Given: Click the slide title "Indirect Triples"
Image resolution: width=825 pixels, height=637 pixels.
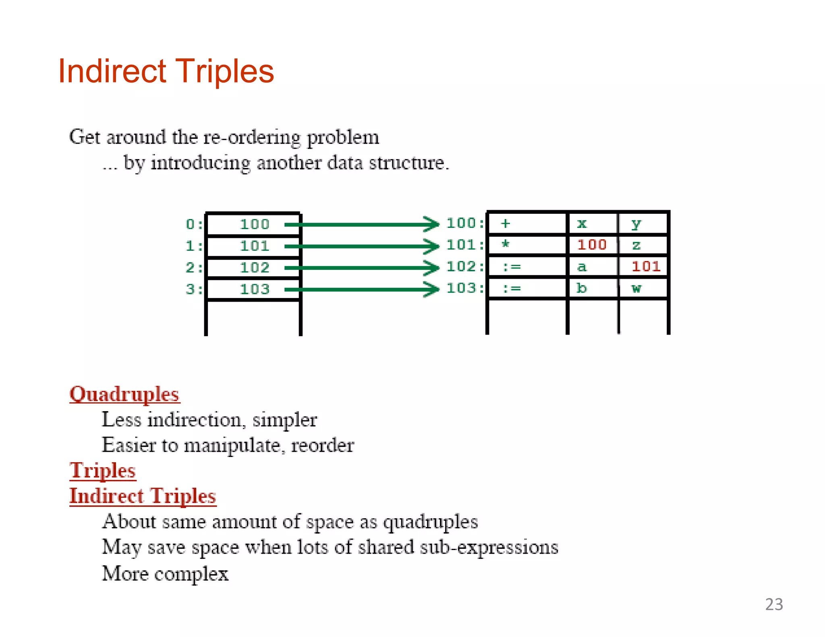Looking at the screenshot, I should click(166, 71).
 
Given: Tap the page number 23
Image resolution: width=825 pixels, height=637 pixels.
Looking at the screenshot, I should click(774, 604).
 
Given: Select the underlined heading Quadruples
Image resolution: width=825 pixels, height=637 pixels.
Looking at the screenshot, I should click(124, 394).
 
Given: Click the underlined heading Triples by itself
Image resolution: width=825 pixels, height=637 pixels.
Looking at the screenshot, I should click(103, 470).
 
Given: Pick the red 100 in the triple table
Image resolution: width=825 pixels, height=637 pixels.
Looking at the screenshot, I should click(592, 244).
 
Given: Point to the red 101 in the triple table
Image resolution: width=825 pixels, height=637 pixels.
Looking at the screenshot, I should click(646, 266).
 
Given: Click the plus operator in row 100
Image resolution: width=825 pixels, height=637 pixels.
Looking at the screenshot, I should click(506, 223).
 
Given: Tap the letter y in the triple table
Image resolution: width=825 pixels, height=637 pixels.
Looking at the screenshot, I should click(636, 224).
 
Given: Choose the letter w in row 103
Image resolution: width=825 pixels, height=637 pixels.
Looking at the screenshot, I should click(636, 288).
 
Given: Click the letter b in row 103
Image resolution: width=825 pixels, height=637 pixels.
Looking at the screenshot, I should click(581, 288).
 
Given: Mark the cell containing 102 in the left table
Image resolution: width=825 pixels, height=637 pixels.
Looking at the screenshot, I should click(254, 268).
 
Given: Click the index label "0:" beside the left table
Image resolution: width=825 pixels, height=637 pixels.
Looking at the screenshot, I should click(194, 224).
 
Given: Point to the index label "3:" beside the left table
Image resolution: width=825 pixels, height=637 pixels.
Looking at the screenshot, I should click(194, 289).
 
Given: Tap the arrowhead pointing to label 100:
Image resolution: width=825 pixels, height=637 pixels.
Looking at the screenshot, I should click(432, 224).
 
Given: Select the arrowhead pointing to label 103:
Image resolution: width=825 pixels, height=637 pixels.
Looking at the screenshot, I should click(432, 289).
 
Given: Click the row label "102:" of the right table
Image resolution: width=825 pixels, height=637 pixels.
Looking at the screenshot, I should click(465, 267).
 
